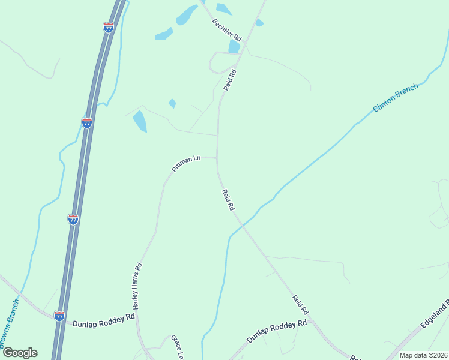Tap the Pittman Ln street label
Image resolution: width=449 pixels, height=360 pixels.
[185, 164]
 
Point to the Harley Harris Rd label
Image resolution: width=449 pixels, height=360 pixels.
[137, 286]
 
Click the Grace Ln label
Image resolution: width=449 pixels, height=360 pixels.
[176, 347]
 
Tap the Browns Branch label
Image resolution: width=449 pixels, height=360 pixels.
[8, 331]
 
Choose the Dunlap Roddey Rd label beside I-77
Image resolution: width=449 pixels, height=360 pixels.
[104, 322]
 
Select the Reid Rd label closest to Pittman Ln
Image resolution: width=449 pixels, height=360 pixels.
[228, 200]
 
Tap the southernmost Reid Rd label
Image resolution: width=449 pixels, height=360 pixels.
[300, 305]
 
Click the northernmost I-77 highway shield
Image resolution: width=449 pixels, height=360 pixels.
[109, 28]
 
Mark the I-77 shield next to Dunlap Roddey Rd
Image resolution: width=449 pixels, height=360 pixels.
[59, 316]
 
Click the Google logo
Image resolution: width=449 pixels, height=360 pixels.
[20, 352]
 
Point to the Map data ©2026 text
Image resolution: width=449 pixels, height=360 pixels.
[423, 355]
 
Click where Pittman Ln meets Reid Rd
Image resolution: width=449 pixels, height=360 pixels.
[217, 158]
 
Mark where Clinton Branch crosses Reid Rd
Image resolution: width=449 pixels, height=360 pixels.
[240, 224]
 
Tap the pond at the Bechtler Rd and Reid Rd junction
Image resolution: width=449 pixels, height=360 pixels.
[234, 46]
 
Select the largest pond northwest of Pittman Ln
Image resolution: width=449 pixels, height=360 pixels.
[139, 121]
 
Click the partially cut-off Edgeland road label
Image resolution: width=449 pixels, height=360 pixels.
[435, 314]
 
